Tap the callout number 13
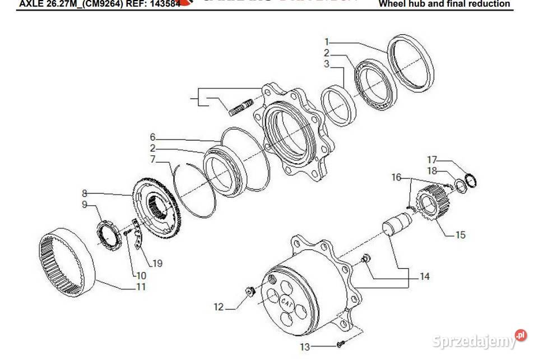(305, 348)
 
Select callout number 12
(219, 307)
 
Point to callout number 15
(460, 235)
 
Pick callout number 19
(157, 263)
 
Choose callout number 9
(85, 205)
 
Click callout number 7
(152, 159)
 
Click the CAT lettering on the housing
(287, 302)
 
